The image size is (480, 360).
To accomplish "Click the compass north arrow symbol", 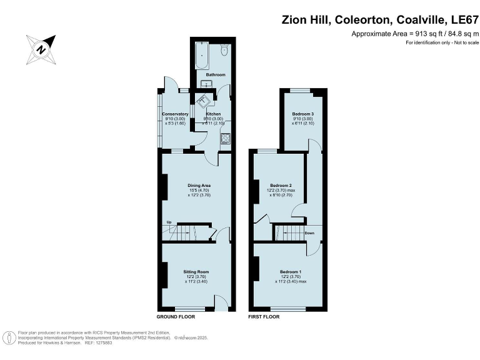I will point(41,48).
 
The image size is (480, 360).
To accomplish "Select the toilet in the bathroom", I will point(224,51).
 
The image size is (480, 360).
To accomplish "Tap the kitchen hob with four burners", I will point(226,139).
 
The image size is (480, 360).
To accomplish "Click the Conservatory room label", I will point(175,114).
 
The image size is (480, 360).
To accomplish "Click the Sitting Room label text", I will point(196,272).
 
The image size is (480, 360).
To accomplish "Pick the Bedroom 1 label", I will point(291,272).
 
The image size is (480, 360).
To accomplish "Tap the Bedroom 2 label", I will point(281,186).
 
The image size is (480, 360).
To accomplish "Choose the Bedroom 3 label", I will point(302,114).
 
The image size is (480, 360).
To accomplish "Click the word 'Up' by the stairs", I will point(169,222).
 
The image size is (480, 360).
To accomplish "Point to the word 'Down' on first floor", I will point(309,233).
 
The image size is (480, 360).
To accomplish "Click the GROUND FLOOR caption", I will point(176,317).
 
